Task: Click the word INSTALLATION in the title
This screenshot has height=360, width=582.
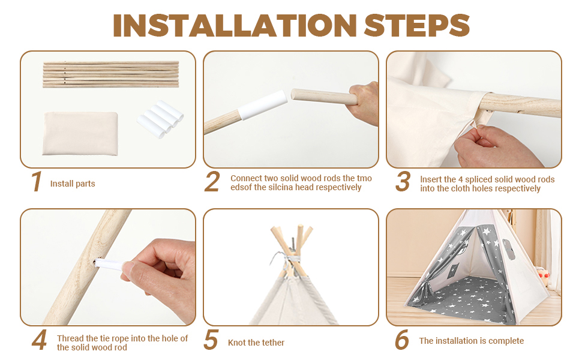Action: click(235, 25)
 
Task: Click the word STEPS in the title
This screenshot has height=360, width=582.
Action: click(417, 25)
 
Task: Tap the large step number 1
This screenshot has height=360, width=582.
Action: click(37, 181)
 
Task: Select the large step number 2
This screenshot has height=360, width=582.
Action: click(212, 181)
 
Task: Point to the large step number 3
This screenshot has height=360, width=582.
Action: click(403, 181)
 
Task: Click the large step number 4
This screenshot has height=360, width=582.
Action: click(40, 340)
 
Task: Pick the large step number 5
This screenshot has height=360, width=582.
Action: click(211, 340)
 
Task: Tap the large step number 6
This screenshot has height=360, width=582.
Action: click(402, 340)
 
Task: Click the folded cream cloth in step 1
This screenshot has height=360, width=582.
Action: click(80, 134)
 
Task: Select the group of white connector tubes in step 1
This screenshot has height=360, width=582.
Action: click(160, 119)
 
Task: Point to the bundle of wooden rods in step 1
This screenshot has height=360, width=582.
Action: click(111, 74)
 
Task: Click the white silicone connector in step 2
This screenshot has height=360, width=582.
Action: click(262, 106)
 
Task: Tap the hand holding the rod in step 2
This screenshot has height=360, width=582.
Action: click(364, 104)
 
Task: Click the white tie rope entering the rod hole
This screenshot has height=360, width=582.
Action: click(110, 265)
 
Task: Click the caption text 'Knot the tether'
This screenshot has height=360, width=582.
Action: click(256, 343)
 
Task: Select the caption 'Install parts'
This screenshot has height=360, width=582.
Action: click(73, 184)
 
